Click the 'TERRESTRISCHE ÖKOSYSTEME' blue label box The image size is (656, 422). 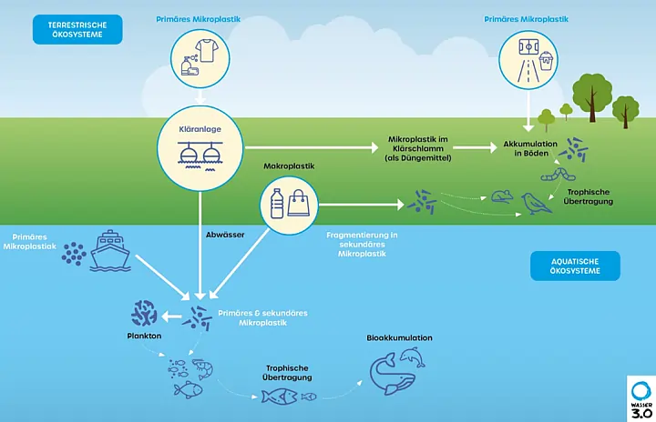(x=77, y=29)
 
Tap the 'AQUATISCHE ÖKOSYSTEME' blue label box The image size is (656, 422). (x=575, y=266)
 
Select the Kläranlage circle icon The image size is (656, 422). (x=199, y=146)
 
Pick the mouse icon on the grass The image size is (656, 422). (x=499, y=195)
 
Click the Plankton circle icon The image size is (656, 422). (x=144, y=314)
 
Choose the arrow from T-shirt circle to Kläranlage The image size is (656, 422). (x=199, y=94)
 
